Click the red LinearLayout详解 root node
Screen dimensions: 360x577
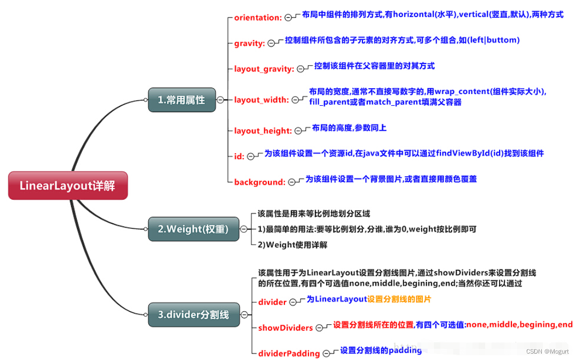tap(68, 185)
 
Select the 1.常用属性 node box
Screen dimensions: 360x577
tap(181, 99)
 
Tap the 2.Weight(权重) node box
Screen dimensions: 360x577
tap(193, 229)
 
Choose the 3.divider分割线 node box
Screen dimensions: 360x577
tap(193, 315)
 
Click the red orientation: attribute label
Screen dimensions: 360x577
tap(258, 18)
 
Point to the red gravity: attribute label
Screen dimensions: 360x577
tap(249, 43)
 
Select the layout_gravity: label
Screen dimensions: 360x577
tap(264, 69)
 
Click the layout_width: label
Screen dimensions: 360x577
tap(262, 99)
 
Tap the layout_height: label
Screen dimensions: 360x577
tap(263, 130)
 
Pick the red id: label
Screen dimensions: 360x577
tap(239, 156)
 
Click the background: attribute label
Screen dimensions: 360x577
tap(260, 182)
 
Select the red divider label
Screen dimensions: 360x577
tap(272, 302)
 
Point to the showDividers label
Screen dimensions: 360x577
tap(286, 327)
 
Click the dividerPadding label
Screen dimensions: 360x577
tap(289, 353)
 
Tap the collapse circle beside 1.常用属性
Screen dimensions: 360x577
tap(220, 100)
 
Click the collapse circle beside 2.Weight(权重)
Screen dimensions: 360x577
tap(244, 229)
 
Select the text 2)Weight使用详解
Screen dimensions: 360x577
tap(293, 245)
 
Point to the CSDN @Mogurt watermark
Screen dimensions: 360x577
tap(547, 351)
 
